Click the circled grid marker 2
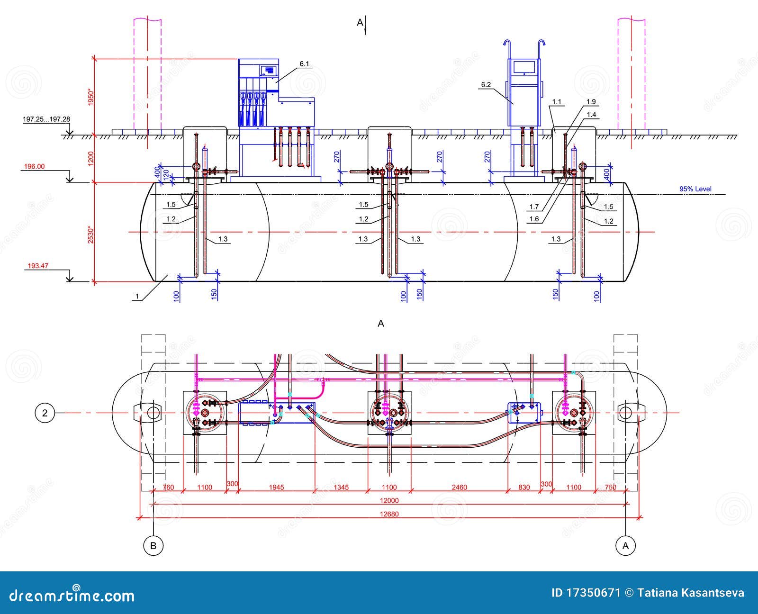click(45, 413)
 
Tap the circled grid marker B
click(153, 545)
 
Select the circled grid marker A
click(625, 545)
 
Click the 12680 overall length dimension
click(389, 514)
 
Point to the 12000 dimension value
click(389, 500)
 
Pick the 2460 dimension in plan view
click(459, 487)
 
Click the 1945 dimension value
click(276, 487)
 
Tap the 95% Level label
click(695, 189)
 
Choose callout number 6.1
click(304, 63)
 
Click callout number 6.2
click(486, 85)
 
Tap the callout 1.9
click(591, 101)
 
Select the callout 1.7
click(534, 207)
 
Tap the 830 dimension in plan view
click(524, 487)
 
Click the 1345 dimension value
click(341, 487)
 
